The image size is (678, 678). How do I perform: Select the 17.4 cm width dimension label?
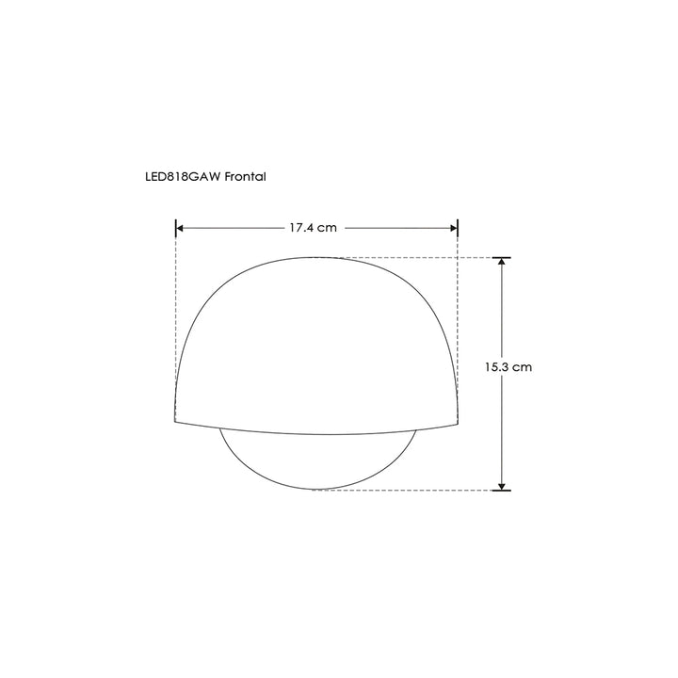(x=313, y=228)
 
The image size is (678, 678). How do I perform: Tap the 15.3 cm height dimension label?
(x=508, y=367)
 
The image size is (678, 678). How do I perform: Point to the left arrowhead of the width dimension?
(x=182, y=228)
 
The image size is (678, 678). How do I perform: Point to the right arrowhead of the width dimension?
(x=452, y=228)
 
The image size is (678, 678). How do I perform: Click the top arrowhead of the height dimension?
(x=502, y=263)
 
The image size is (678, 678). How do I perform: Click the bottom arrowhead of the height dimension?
(x=502, y=484)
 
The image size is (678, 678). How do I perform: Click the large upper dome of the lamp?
(x=316, y=339)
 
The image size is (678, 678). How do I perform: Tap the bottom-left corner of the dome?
(x=175, y=419)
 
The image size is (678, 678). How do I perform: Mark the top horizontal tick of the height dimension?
(x=502, y=257)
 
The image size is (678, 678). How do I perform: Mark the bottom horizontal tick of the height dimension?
(x=502, y=490)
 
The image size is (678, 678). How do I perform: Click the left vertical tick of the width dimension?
(x=176, y=228)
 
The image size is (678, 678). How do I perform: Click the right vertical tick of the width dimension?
(x=458, y=228)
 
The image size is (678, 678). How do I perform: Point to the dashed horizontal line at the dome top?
(x=414, y=257)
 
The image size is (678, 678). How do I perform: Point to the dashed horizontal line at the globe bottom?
(x=414, y=490)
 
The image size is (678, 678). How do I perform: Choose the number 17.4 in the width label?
(x=302, y=228)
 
